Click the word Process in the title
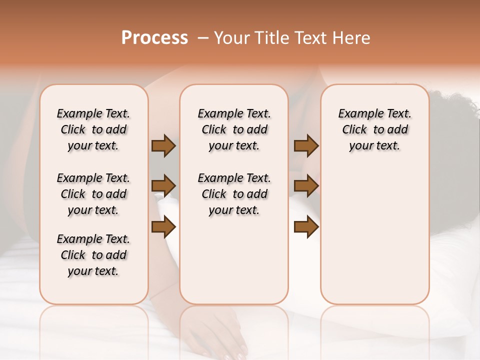point(154,38)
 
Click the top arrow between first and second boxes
point(163,146)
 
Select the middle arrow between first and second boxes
point(163,186)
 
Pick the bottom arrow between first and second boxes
point(163,227)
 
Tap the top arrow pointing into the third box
point(306,146)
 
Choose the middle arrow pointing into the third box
point(306,186)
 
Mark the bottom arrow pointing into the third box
point(306,227)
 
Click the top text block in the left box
point(93,129)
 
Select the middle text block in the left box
point(93,194)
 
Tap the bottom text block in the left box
point(93,255)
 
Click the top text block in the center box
point(234,129)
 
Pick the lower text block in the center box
point(234,194)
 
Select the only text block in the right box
point(375,129)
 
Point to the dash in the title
point(203,38)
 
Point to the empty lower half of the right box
point(375,240)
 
